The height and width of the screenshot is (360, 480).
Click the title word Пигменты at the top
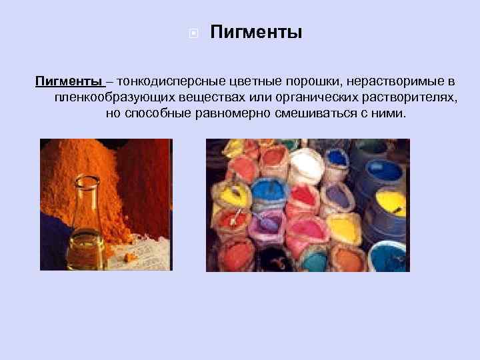(x=256, y=32)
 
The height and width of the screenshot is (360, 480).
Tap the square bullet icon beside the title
(x=192, y=33)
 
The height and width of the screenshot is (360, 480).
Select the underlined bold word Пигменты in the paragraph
(x=68, y=81)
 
